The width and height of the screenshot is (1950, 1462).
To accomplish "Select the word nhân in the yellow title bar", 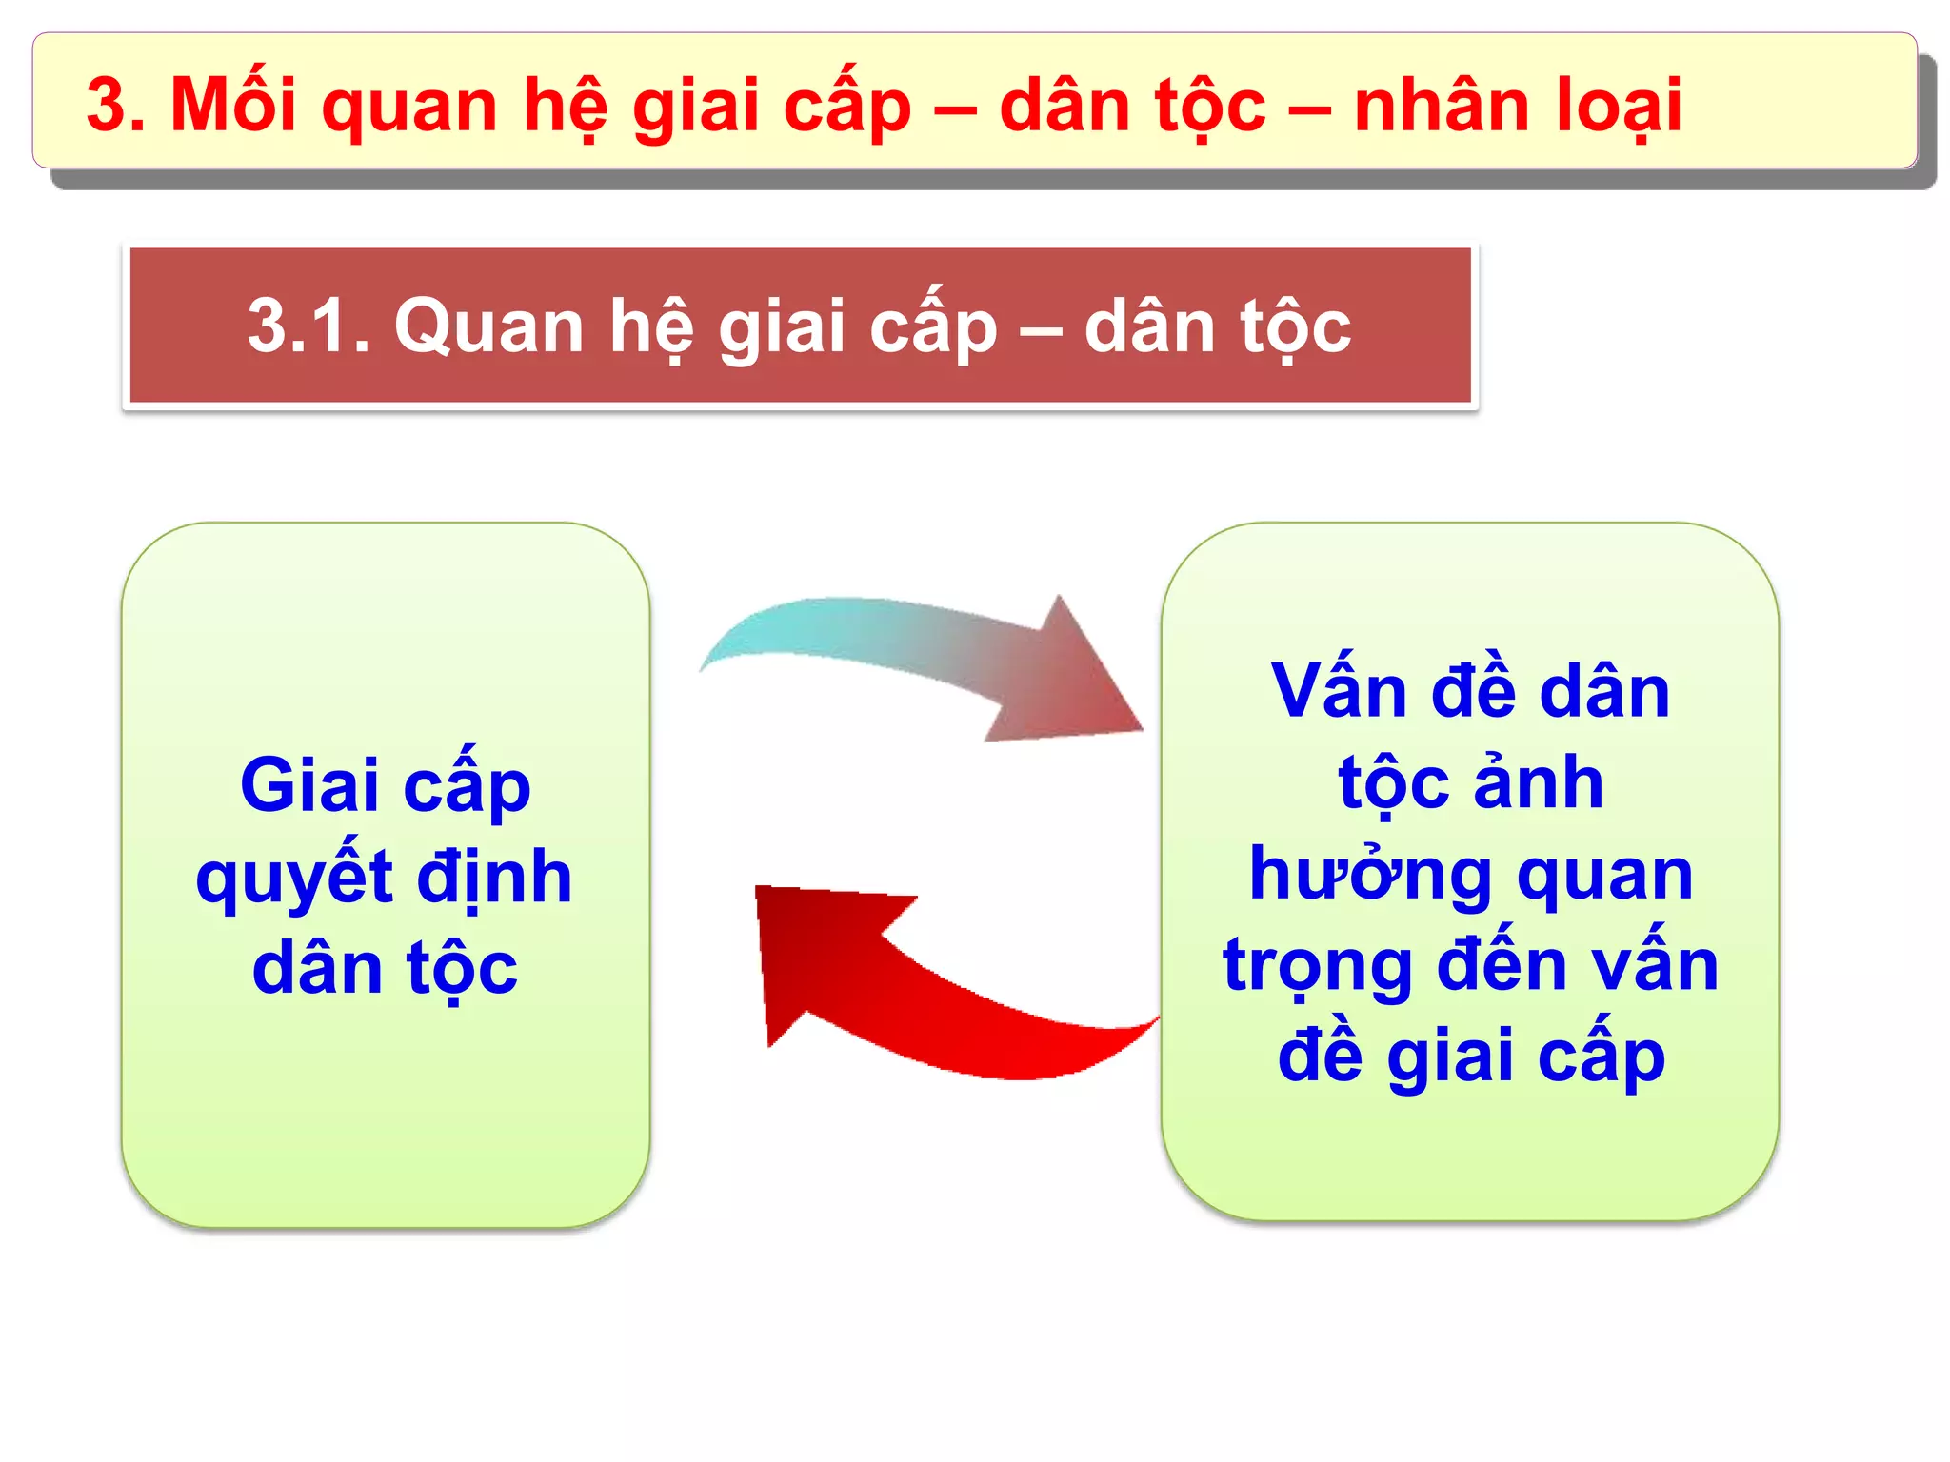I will tap(1443, 105).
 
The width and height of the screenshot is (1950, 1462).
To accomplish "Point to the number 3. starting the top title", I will tap(116, 105).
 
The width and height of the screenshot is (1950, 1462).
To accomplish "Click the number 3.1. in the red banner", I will tap(308, 326).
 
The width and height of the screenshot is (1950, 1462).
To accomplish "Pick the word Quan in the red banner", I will tap(488, 326).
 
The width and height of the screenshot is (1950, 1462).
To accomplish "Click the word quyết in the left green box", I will tap(294, 878).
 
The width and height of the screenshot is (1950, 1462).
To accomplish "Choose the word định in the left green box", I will tap(494, 878).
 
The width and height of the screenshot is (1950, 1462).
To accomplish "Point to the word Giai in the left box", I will tap(309, 786).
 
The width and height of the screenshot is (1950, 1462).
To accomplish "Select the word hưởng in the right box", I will tap(1370, 874).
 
